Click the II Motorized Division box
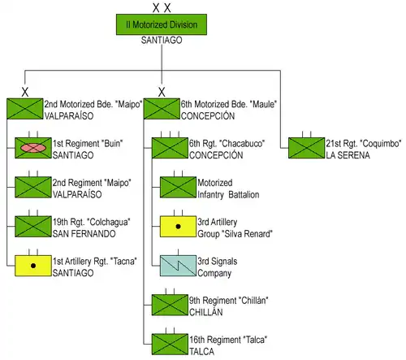(162, 24)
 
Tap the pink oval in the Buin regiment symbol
(33, 148)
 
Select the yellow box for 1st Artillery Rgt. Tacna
(33, 266)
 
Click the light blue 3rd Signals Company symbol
(178, 266)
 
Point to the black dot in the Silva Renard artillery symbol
(178, 227)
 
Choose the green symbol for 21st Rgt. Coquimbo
(307, 148)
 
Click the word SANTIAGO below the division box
(162, 40)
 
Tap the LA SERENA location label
(348, 155)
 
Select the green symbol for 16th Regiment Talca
(170, 345)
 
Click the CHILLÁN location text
(206, 312)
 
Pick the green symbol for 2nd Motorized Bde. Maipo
(25, 109)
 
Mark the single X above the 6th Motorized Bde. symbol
(162, 92)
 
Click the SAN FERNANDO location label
(84, 234)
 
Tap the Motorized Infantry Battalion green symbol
(178, 187)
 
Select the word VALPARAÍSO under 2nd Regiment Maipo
(77, 194)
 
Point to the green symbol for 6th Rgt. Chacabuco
(170, 148)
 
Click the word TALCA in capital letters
(201, 352)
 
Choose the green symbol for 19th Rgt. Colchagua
(33, 227)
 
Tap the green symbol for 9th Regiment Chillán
(170, 305)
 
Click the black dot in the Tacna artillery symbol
(33, 266)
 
